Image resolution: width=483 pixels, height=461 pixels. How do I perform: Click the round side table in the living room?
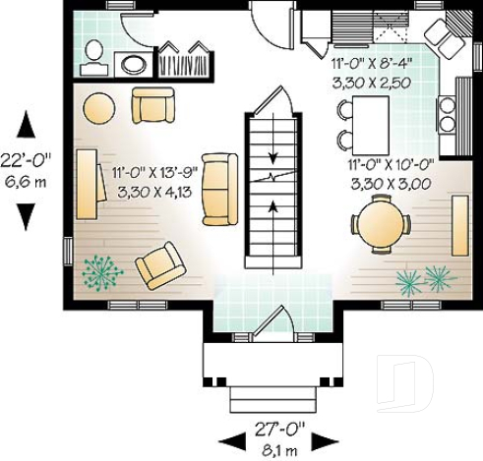click(98, 106)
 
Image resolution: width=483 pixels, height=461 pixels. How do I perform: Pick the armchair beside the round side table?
click(152, 104)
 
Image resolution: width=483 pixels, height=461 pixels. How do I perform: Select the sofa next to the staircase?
click(218, 189)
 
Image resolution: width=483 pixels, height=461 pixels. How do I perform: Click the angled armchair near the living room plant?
click(158, 264)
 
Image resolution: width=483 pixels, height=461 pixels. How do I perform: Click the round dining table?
click(380, 224)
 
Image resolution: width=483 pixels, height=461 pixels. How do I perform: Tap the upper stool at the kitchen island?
click(343, 111)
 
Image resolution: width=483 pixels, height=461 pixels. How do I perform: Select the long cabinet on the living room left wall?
click(86, 184)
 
